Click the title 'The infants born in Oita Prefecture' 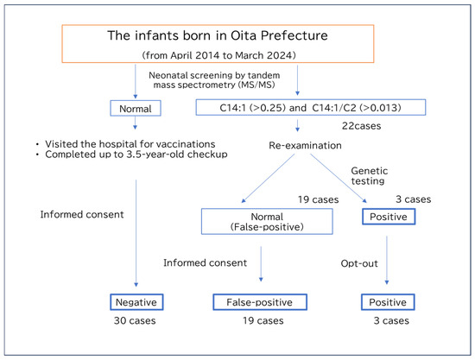tap(218, 35)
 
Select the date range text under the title tap(219, 55)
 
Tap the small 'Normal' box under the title tap(136, 109)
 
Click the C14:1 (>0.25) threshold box tap(311, 108)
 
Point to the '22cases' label tap(361, 126)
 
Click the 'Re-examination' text tap(305, 146)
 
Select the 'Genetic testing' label tap(370, 176)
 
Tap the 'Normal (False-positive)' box tap(267, 221)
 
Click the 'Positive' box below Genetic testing tap(389, 217)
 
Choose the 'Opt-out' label tap(359, 263)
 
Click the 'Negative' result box tap(136, 302)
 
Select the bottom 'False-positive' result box tap(260, 302)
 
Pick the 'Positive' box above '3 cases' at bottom tap(388, 302)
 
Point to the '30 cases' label tap(135, 320)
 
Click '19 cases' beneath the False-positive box tap(263, 320)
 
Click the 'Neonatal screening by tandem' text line tap(214, 75)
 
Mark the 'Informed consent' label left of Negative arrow tap(82, 214)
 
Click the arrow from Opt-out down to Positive tap(387, 260)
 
